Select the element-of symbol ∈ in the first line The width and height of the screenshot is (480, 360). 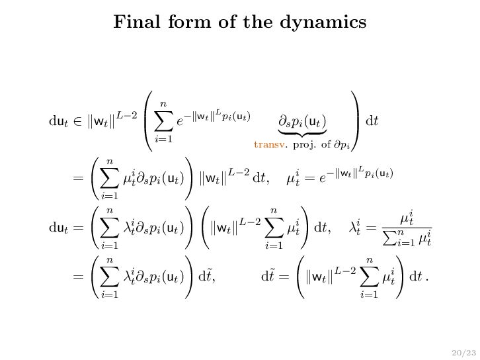click(75, 122)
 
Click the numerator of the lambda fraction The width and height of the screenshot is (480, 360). click(407, 217)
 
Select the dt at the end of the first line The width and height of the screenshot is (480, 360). click(372, 122)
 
